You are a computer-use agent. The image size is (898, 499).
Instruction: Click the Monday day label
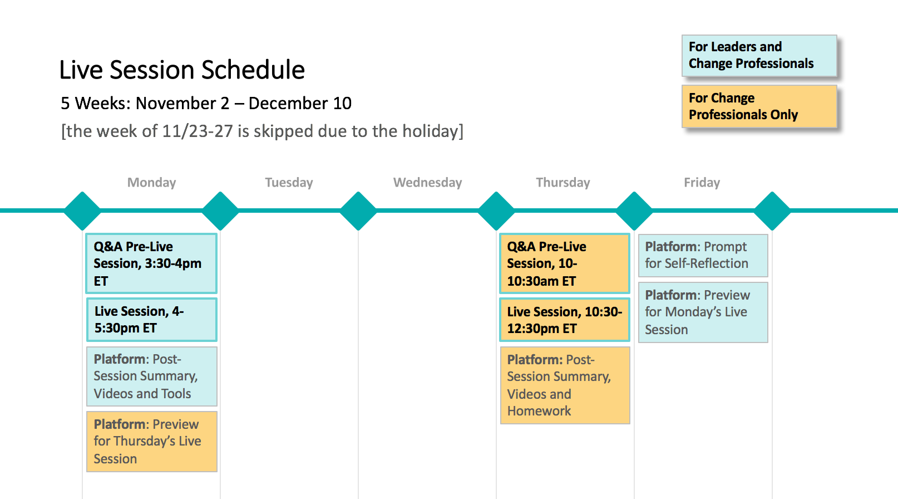click(151, 183)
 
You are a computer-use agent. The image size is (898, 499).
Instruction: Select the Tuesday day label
click(289, 183)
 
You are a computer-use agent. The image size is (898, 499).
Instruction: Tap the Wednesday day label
click(427, 183)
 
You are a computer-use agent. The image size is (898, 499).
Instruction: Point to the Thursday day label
click(563, 183)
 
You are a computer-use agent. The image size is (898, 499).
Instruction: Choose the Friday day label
click(702, 183)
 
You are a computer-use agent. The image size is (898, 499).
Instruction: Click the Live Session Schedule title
click(182, 70)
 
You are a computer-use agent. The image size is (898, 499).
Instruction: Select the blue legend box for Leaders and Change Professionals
click(759, 55)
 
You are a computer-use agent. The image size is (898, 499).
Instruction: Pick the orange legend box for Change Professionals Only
click(759, 106)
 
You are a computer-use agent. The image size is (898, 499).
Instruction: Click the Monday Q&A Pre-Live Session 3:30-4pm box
click(151, 263)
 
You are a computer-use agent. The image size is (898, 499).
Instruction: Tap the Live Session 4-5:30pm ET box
click(151, 320)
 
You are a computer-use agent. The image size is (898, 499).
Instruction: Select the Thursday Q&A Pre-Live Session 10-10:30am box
click(565, 263)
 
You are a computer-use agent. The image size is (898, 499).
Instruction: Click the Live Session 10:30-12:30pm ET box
click(565, 320)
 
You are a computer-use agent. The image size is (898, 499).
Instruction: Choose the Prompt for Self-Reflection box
click(703, 256)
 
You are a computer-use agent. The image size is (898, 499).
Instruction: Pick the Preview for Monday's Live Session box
click(703, 312)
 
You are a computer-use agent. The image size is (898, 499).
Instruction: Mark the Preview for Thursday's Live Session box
click(151, 441)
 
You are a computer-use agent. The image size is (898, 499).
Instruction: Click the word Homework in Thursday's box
click(539, 411)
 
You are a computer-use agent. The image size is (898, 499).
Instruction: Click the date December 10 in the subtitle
click(300, 104)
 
